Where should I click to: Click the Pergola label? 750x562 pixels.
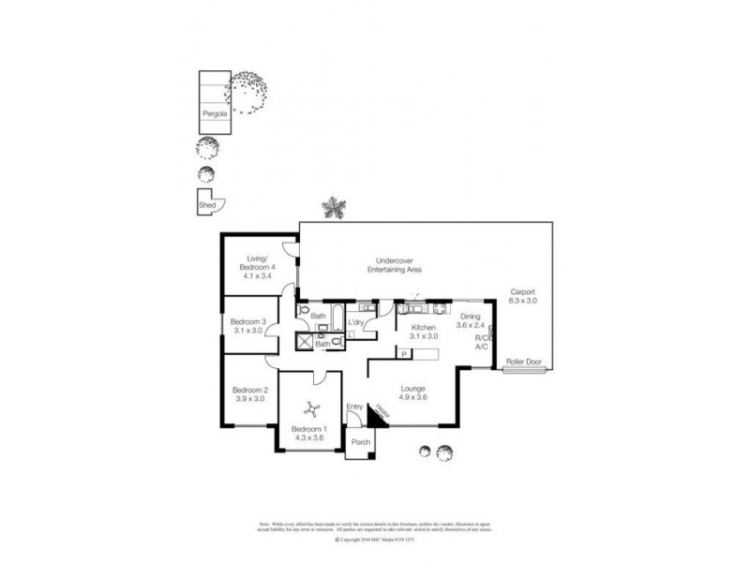[211, 116]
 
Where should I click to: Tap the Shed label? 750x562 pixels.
[205, 204]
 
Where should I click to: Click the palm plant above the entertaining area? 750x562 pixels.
[334, 207]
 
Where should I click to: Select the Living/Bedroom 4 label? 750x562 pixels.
[259, 268]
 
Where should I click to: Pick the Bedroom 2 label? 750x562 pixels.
[251, 390]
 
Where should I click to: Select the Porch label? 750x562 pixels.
[360, 442]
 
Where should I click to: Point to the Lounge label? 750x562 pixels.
[412, 389]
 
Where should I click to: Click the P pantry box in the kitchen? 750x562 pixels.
[404, 355]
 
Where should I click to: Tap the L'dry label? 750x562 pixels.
[356, 323]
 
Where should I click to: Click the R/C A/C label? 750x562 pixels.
[482, 342]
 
